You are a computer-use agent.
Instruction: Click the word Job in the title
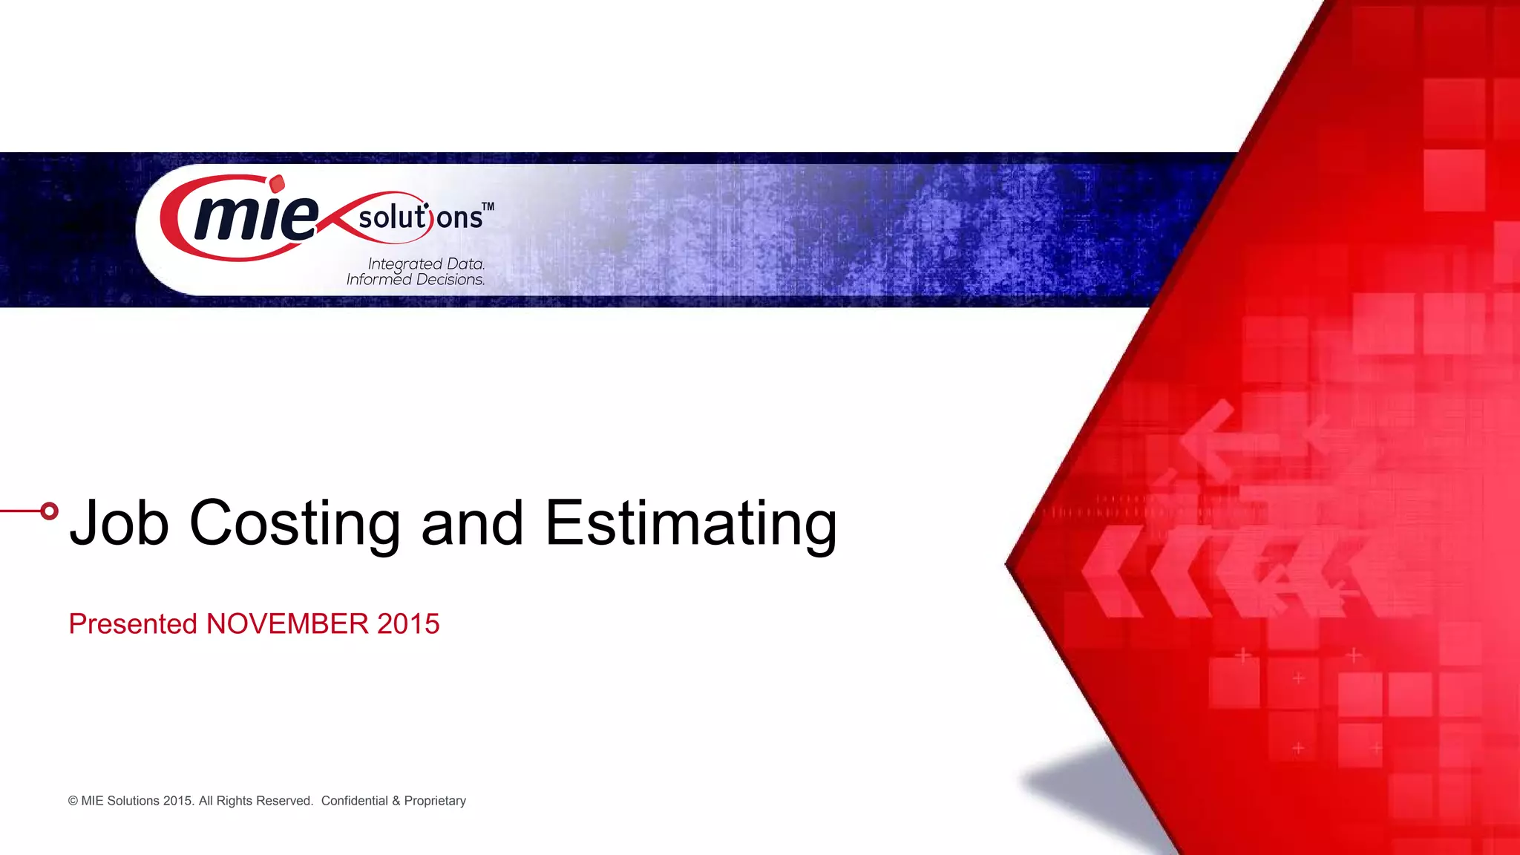[119, 522]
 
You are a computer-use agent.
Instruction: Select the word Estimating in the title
[691, 522]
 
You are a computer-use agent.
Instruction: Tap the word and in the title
[472, 522]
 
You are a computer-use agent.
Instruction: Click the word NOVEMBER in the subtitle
[287, 624]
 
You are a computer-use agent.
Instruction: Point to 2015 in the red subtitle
[408, 624]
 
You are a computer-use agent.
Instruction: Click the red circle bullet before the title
[49, 511]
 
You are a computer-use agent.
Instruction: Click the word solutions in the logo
[420, 217]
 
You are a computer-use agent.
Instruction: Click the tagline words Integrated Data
[426, 263]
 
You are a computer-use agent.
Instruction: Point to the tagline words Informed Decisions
[415, 280]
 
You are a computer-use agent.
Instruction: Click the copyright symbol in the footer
[73, 801]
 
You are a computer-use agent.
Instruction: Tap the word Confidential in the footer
[354, 801]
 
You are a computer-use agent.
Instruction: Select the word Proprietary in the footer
[435, 801]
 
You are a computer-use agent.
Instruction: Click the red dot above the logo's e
[277, 183]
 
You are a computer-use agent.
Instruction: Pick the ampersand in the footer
[396, 801]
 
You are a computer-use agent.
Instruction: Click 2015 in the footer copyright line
[177, 801]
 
